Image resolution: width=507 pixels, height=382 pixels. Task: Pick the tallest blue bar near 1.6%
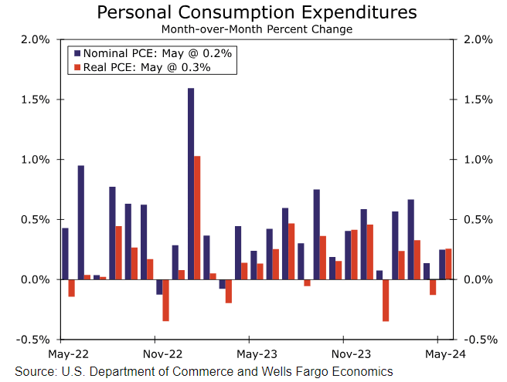[191, 184]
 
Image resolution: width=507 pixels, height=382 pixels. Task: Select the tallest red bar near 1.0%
[197, 218]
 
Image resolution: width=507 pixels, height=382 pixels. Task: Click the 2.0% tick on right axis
[477, 40]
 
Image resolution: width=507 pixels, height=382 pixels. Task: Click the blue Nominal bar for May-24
[442, 264]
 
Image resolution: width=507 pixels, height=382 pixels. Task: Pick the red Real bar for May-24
[448, 263]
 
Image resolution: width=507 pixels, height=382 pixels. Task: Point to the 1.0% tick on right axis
[477, 160]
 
